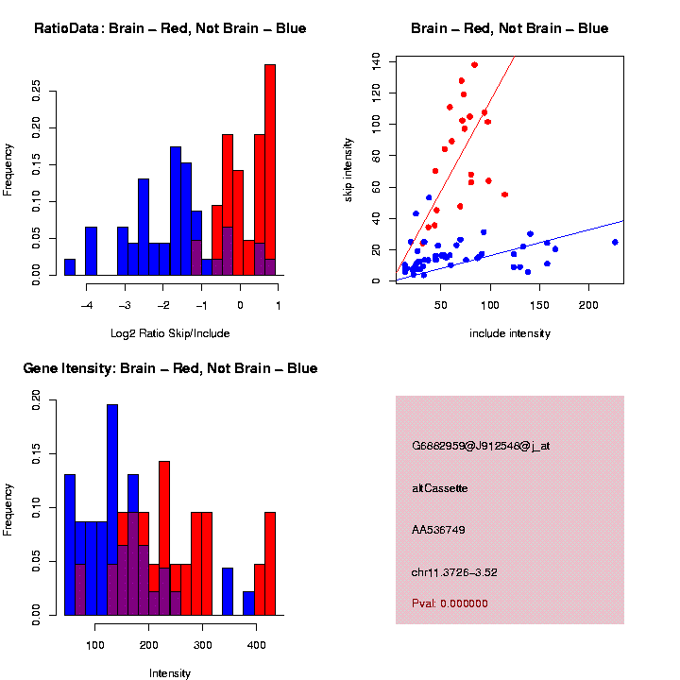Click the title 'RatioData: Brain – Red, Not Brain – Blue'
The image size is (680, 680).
coord(170,28)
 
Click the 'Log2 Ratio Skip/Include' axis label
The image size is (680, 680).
coord(170,333)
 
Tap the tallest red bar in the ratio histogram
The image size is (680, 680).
coord(270,170)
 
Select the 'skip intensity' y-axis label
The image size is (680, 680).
coord(348,168)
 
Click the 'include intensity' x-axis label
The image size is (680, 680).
coord(510,333)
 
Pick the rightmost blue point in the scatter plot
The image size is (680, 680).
coord(615,242)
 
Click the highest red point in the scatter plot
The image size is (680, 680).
coord(474,65)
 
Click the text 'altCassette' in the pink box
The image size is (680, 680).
coord(440,488)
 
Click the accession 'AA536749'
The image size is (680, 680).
coord(439,530)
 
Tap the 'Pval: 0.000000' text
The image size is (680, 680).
coord(450,603)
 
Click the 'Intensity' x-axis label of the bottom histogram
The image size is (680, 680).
coord(170,673)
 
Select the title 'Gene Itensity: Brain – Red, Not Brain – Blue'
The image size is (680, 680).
coord(170,368)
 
